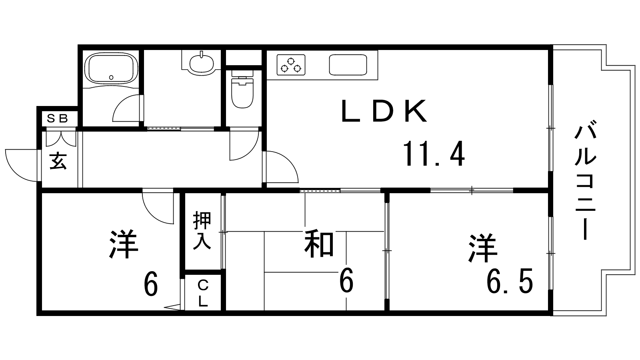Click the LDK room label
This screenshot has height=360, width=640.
(383, 111)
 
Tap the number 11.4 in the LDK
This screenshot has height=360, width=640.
(434, 154)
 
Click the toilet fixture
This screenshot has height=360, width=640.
(243, 91)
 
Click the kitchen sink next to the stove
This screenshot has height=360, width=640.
(348, 64)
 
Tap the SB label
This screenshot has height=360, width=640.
(57, 118)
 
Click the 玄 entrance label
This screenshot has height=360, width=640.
(58, 161)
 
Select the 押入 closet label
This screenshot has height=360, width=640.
(202, 231)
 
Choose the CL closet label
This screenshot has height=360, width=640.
(203, 293)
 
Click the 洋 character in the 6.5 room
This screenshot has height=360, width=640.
(483, 248)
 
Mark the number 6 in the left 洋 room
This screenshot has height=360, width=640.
(150, 284)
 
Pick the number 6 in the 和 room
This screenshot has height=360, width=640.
(346, 281)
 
